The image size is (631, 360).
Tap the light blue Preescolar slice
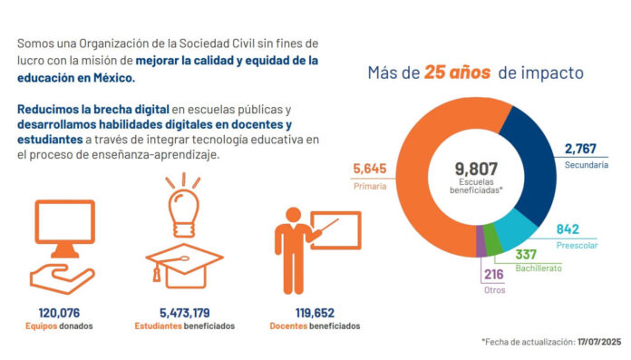click(519, 224)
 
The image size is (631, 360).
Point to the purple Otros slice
click(481, 241)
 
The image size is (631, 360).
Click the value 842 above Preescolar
click(568, 229)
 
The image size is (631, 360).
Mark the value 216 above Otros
click(494, 274)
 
